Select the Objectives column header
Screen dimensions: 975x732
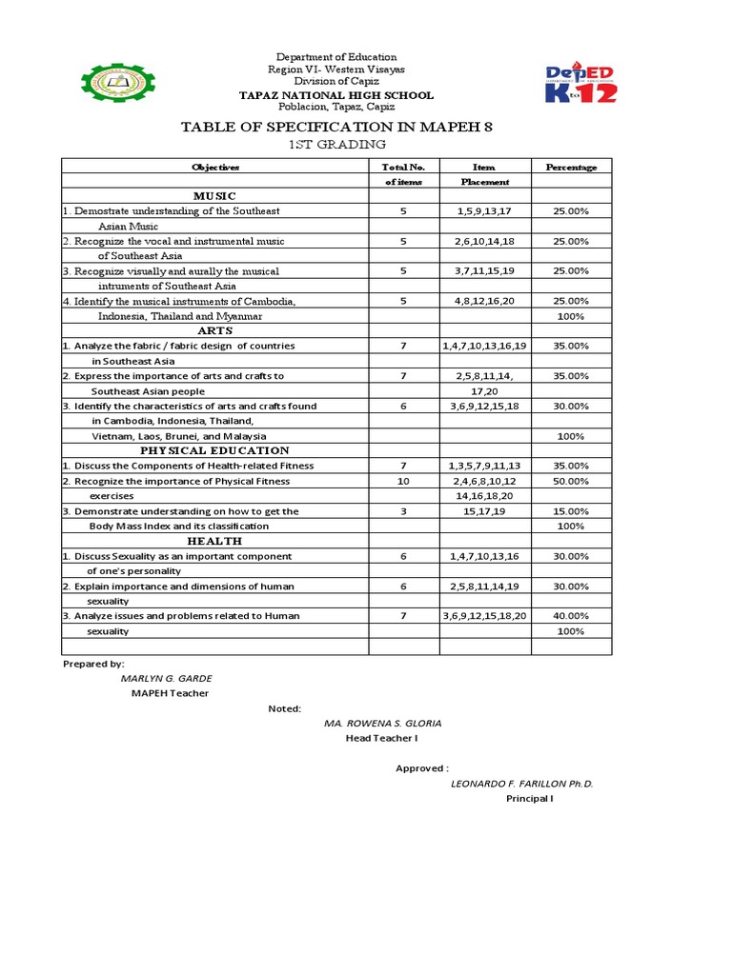click(x=215, y=167)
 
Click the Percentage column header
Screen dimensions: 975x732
click(x=571, y=167)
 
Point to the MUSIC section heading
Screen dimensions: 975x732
click(x=215, y=195)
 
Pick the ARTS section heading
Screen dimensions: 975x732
click(x=215, y=330)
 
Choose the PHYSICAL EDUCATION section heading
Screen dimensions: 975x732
click(x=215, y=450)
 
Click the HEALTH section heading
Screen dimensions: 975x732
click(x=215, y=541)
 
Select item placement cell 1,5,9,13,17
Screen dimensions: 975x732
click(x=484, y=210)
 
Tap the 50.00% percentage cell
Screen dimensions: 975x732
click(x=571, y=481)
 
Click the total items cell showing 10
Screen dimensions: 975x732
click(x=403, y=481)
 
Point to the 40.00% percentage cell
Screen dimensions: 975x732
click(x=571, y=616)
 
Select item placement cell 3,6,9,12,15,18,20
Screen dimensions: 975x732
click(x=484, y=616)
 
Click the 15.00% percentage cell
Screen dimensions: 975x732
click(x=571, y=511)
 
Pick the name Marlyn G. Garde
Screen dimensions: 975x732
click(x=167, y=678)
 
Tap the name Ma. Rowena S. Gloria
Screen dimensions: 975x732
click(x=382, y=724)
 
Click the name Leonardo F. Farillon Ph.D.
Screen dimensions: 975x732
click(x=521, y=784)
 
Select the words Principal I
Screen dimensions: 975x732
click(x=529, y=799)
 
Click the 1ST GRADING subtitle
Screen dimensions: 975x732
click(x=338, y=145)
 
